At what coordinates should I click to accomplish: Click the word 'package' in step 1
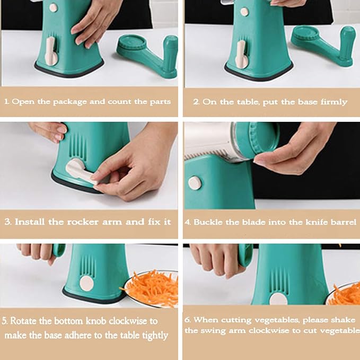pyautogui.click(x=70, y=102)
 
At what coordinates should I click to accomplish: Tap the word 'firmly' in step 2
pyautogui.click(x=334, y=102)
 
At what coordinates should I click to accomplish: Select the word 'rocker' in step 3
pyautogui.click(x=83, y=222)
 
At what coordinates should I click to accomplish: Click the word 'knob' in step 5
pyautogui.click(x=96, y=321)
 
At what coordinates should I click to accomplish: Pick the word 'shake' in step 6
pyautogui.click(x=343, y=320)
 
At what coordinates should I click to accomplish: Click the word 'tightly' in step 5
pyautogui.click(x=155, y=336)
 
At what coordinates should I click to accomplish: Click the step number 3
pyautogui.click(x=8, y=222)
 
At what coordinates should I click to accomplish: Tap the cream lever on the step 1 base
pyautogui.click(x=51, y=52)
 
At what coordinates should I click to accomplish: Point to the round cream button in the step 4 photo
pyautogui.click(x=195, y=183)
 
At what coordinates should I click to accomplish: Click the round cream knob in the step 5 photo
pyautogui.click(x=86, y=283)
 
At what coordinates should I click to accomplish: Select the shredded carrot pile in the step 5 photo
pyautogui.click(x=151, y=287)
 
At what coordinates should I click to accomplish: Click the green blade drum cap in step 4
pyautogui.click(x=257, y=140)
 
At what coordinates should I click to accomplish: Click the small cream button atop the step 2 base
pyautogui.click(x=244, y=12)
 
